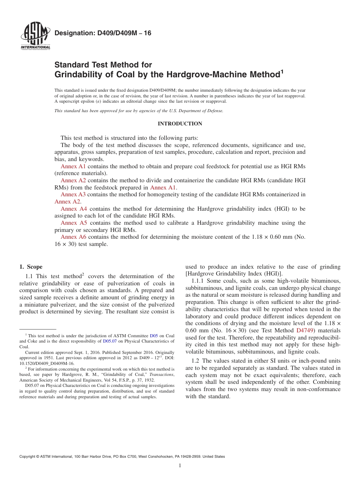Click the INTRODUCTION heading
180,124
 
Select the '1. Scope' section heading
31,267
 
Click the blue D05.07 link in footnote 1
110,341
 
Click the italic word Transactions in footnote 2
161,374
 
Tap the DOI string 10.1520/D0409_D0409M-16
47,363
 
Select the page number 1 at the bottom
180,466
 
